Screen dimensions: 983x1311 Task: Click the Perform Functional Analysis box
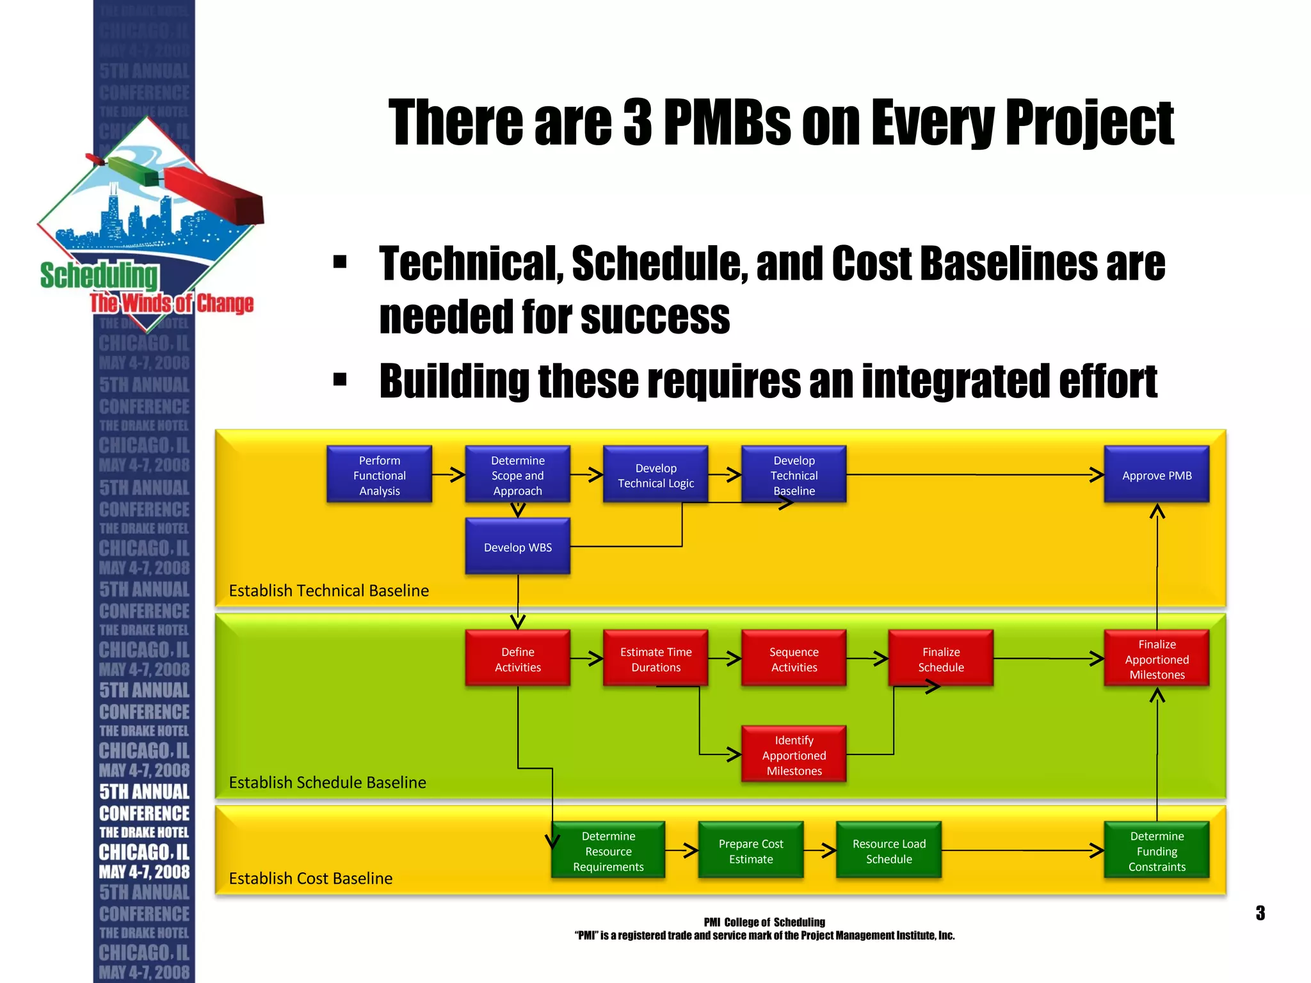point(379,475)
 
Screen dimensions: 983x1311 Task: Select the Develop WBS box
point(517,547)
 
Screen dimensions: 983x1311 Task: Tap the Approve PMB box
point(1156,475)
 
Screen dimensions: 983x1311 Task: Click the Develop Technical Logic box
point(655,475)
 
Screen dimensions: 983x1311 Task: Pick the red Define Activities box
point(517,659)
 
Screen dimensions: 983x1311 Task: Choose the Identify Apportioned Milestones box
point(794,755)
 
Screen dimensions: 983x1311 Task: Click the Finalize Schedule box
point(940,659)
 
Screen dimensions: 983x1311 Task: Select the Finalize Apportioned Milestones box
point(1156,659)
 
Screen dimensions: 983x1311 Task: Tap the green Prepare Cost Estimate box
point(750,851)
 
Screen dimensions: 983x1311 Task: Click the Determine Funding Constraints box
point(1156,851)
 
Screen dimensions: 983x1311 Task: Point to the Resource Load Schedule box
point(889,851)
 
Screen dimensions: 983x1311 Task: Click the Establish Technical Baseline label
point(328,590)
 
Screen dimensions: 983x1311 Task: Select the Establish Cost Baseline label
point(310,878)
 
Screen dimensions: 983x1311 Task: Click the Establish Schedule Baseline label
point(327,782)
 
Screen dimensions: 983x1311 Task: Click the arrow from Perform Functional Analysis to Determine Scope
point(449,475)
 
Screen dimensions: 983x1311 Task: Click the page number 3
point(1260,913)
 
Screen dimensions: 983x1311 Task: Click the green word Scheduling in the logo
point(99,275)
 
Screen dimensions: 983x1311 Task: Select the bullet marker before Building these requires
point(340,380)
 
